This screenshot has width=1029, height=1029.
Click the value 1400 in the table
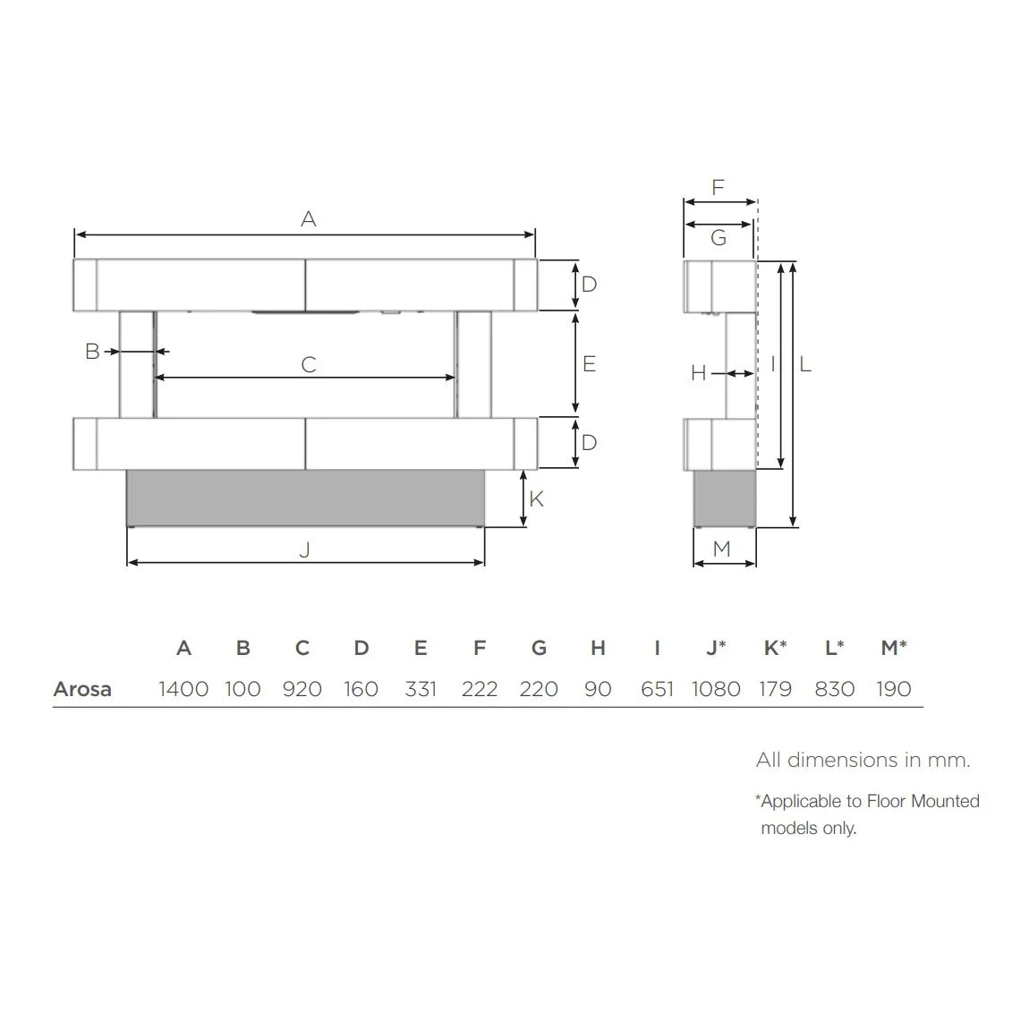tap(183, 689)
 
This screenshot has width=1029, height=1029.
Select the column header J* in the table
tap(716, 648)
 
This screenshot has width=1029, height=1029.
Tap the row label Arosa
tap(82, 689)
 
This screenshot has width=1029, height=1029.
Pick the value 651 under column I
tap(657, 689)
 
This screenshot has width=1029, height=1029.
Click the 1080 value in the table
tap(716, 689)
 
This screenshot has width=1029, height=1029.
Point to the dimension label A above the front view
tap(309, 219)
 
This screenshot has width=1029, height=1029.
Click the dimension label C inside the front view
tap(309, 365)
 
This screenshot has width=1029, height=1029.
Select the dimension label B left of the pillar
tap(92, 352)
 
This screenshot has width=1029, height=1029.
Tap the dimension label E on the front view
tap(589, 363)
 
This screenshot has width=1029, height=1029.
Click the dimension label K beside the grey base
tap(537, 498)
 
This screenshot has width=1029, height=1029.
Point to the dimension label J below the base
tap(304, 549)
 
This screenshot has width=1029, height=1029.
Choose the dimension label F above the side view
tap(718, 188)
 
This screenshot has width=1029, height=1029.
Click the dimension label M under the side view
tap(722, 549)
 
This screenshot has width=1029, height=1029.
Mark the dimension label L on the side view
tap(805, 364)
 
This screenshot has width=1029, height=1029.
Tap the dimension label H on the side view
tap(699, 373)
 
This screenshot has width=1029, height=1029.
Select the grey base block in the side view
tap(725, 498)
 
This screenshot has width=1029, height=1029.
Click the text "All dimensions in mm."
tap(863, 761)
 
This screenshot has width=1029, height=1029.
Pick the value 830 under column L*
tap(834, 689)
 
